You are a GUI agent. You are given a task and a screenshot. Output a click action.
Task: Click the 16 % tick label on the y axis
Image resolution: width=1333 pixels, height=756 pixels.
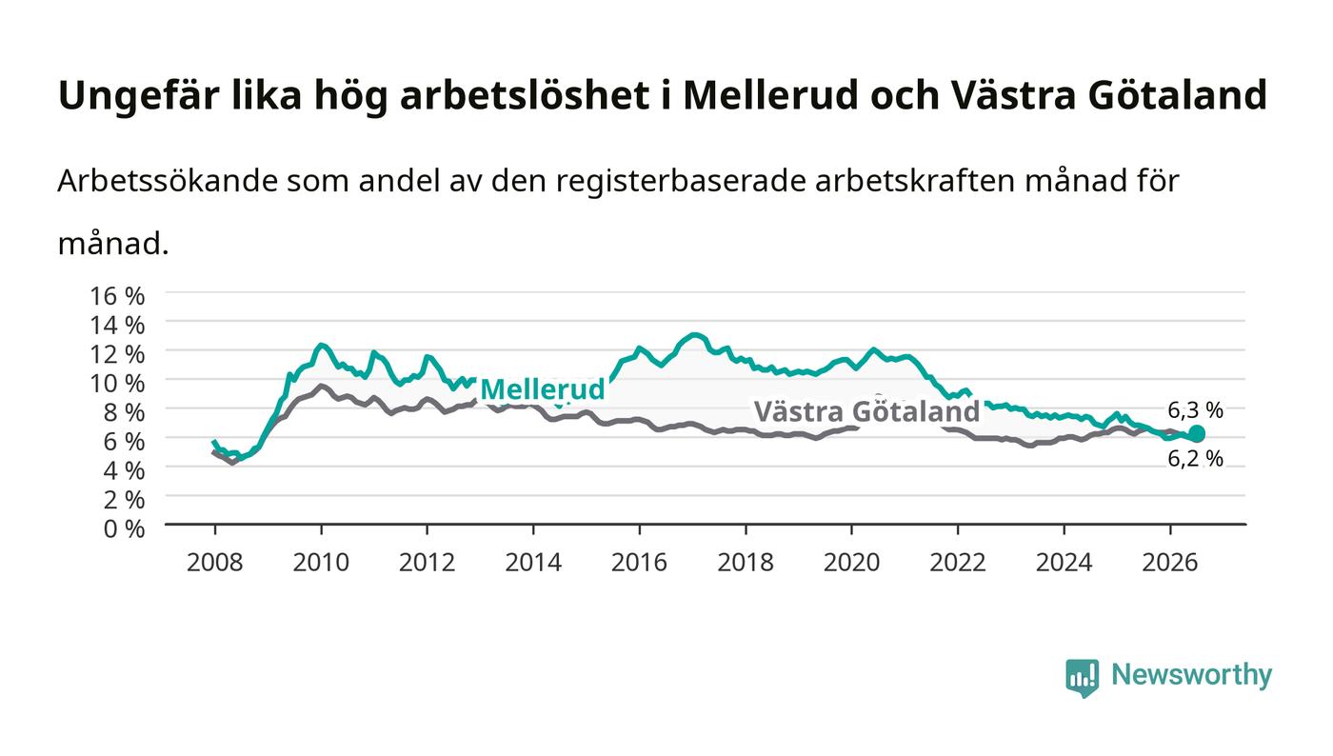click(x=116, y=296)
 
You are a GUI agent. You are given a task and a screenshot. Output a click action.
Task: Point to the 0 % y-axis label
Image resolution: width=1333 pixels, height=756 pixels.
click(x=124, y=528)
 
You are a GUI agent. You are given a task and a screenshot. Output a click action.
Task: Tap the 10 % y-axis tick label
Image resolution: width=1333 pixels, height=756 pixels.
click(x=116, y=384)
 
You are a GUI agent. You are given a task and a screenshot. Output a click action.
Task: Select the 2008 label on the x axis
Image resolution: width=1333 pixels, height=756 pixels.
click(x=215, y=563)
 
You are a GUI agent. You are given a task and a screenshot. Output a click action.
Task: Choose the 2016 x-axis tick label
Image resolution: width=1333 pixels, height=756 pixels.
click(x=639, y=563)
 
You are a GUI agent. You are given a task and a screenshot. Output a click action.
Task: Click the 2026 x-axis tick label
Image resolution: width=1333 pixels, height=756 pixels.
click(x=1170, y=563)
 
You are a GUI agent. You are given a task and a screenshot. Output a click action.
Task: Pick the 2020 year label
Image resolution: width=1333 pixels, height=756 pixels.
click(x=851, y=563)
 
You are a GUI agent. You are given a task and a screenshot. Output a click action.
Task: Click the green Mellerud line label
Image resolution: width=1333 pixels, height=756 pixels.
click(x=542, y=389)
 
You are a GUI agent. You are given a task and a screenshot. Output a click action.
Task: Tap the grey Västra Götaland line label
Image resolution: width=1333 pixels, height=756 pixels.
click(x=866, y=411)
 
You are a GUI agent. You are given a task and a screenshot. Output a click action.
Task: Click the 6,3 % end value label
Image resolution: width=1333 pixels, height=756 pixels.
click(x=1195, y=410)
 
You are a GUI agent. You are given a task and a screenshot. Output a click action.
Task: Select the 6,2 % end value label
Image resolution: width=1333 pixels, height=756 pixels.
click(x=1195, y=459)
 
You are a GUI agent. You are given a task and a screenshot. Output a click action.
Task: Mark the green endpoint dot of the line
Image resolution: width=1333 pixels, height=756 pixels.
click(x=1196, y=434)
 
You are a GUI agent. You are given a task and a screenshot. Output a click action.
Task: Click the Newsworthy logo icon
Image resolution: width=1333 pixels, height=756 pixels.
click(x=1082, y=677)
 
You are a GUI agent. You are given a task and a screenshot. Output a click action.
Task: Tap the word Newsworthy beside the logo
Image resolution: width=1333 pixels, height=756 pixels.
click(x=1191, y=675)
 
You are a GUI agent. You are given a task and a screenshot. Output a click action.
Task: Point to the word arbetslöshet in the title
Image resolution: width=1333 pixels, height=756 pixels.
click(x=525, y=95)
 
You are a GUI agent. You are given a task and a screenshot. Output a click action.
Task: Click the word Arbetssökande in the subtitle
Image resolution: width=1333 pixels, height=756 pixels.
click(x=168, y=181)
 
